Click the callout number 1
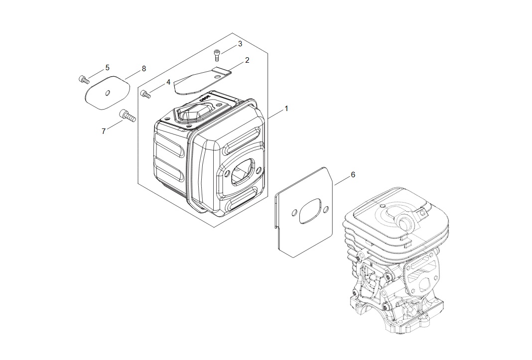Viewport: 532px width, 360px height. pos(286,109)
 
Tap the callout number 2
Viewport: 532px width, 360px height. pos(247,60)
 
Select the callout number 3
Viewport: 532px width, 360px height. pos(240,44)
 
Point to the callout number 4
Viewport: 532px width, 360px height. pos(168,82)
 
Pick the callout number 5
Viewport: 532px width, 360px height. pos(107,68)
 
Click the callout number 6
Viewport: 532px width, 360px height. pos(353,175)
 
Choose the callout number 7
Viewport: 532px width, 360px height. pos(104,131)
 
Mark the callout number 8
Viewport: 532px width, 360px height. pos(144,69)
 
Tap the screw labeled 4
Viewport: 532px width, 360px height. pos(146,94)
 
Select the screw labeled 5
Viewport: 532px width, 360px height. pos(84,80)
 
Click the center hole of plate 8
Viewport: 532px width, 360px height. pos(108,93)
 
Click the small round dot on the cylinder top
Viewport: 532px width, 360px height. pos(382,206)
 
